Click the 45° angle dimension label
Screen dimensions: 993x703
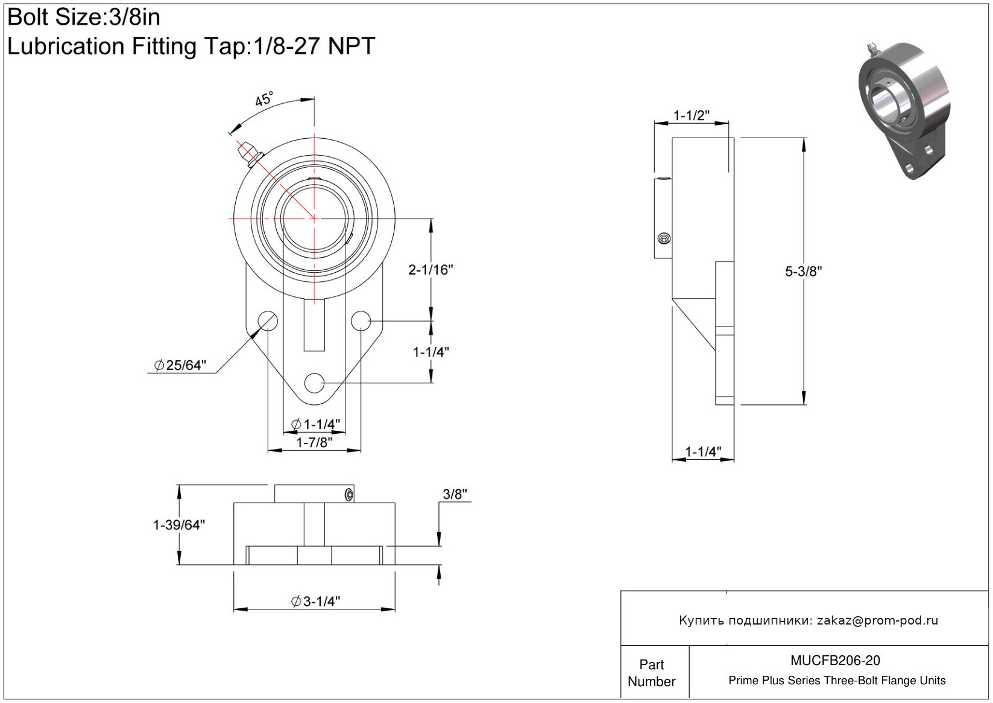coord(264,98)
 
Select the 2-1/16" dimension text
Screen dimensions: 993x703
coord(430,269)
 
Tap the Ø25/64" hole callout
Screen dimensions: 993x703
coord(180,365)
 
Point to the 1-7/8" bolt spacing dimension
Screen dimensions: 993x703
coord(314,442)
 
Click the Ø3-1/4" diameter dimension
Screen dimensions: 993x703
coord(316,601)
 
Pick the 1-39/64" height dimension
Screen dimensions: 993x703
coord(179,524)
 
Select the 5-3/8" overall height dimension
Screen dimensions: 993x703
coord(803,271)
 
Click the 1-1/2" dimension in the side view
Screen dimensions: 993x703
coord(692,115)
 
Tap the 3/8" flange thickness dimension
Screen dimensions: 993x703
coord(455,494)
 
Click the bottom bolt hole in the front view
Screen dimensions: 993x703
coord(314,383)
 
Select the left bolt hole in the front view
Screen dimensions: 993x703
coord(268,320)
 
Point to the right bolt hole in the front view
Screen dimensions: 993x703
coord(361,320)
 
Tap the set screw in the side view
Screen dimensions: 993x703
coord(664,238)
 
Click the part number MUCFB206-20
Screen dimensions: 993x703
coord(835,660)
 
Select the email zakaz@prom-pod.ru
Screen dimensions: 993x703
coord(877,620)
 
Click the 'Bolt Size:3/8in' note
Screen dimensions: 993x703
coord(84,17)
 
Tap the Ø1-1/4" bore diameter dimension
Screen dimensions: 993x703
coord(316,424)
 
